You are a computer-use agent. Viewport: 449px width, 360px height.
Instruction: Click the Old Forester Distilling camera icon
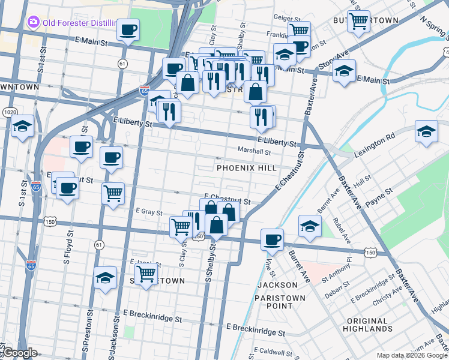click(32, 23)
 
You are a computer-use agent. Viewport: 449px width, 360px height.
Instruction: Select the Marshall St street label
click(255, 151)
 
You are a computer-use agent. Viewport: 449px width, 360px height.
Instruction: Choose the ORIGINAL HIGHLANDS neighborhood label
click(368, 325)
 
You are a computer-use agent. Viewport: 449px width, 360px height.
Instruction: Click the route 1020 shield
click(9, 112)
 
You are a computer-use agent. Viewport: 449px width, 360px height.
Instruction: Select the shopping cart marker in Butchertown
click(358, 22)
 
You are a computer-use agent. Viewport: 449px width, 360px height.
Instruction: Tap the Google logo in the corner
click(20, 353)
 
